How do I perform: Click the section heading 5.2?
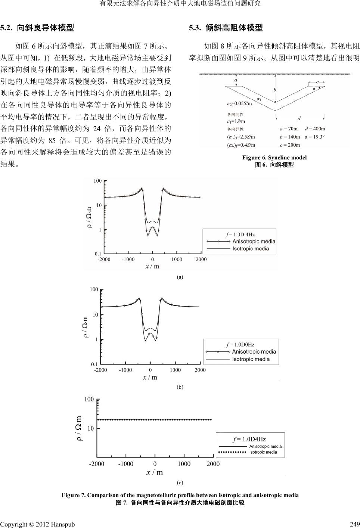coord(37,28)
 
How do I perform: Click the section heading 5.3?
coord(226,28)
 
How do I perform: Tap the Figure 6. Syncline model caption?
coord(274,158)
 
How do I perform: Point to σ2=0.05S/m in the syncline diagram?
coord(239,103)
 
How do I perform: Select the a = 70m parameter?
coord(289,129)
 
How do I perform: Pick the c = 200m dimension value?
coord(290,145)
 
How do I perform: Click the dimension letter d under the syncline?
coord(299,119)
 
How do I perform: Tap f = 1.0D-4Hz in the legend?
coord(240,235)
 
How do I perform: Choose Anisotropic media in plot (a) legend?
coord(254,241)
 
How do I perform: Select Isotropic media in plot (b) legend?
coord(251,359)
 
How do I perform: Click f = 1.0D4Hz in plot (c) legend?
coord(249,439)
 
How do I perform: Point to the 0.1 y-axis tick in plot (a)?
coord(98,254)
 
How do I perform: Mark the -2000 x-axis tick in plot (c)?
coord(96,464)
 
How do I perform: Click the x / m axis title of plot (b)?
coord(150,378)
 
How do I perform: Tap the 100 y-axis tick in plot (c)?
coord(89,400)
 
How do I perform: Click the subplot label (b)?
coord(180,387)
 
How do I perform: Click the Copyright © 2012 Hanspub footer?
coord(37,524)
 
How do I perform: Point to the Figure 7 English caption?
coord(180,495)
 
